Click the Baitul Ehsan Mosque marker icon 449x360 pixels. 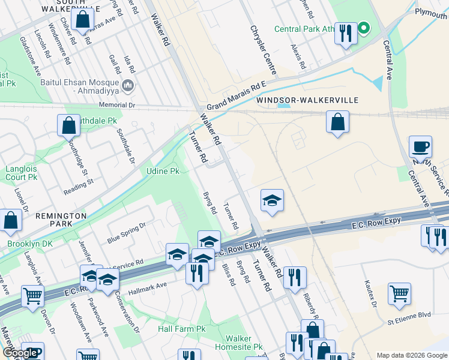[x=127, y=86]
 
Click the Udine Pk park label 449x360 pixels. [x=163, y=171]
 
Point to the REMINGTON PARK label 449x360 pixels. [x=61, y=215]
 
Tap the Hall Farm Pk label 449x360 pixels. [x=181, y=329]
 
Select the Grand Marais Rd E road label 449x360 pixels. [x=237, y=95]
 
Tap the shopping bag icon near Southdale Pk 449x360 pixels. [x=69, y=125]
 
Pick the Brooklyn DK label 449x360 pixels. [x=31, y=244]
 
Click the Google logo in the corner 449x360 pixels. [x=19, y=353]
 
